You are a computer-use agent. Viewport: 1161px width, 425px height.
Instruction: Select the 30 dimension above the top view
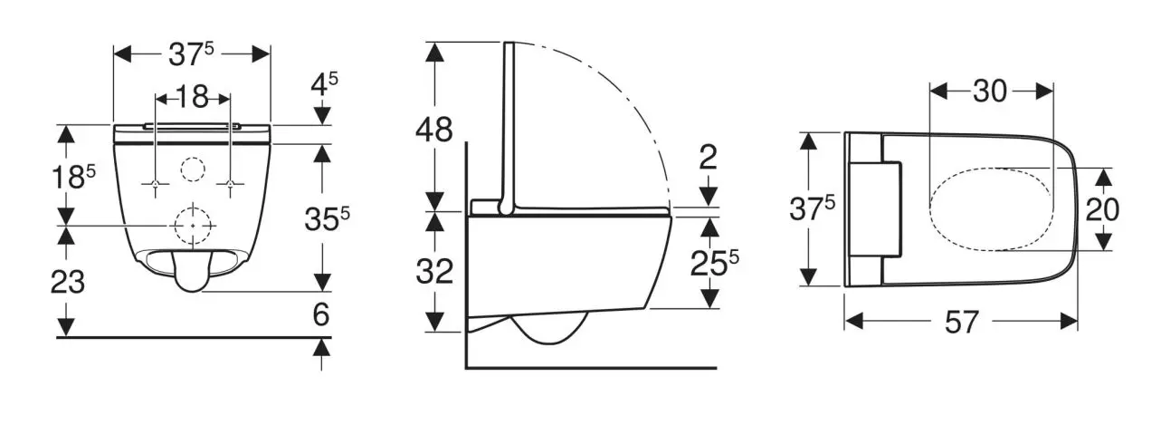(x=992, y=92)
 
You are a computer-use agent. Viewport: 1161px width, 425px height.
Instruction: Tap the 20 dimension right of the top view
(x=1102, y=210)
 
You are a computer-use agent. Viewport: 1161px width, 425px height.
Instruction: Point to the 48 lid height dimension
(x=434, y=130)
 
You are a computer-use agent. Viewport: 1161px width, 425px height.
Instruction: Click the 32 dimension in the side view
(x=434, y=271)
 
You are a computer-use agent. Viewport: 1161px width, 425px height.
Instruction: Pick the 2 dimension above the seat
(x=708, y=158)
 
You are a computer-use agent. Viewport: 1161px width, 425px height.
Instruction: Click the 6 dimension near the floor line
(x=322, y=314)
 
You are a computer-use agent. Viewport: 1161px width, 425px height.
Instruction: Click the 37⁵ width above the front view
(x=192, y=54)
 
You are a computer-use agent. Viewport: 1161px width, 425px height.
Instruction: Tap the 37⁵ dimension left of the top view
(x=812, y=208)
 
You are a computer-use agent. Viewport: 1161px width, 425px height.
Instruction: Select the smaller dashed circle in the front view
(x=193, y=169)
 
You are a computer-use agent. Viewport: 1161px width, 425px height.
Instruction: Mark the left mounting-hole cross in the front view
(x=156, y=186)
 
